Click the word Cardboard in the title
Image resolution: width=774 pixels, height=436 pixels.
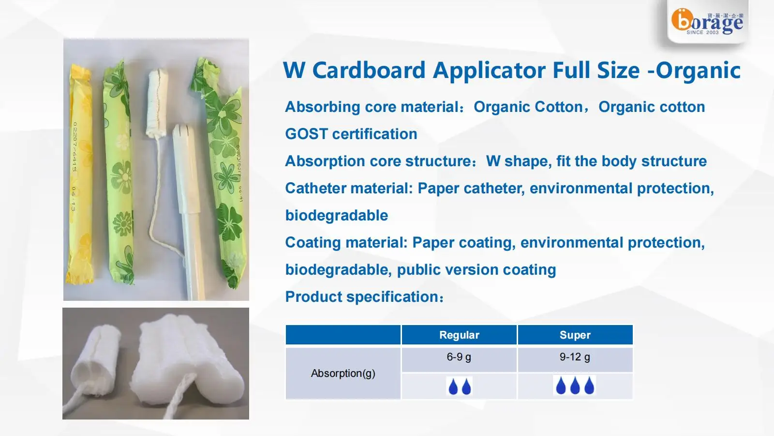coord(369,70)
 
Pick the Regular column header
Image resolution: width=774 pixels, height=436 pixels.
coord(459,335)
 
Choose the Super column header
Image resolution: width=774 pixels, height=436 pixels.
coord(575,335)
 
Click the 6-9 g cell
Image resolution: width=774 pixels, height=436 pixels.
coord(459,358)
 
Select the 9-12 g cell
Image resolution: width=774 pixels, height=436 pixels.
coord(575,358)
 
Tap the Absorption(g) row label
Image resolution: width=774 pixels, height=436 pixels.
coord(343,374)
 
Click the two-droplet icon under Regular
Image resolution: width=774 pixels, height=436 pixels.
coord(459,387)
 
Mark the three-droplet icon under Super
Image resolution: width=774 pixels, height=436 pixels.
coord(575,386)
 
